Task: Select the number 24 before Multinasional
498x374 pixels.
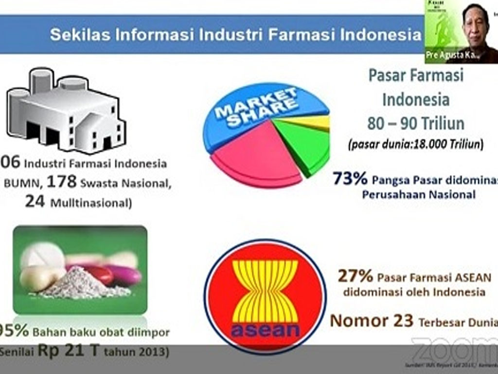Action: tap(35, 202)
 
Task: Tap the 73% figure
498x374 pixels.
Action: tap(350, 179)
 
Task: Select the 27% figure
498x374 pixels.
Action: tap(355, 277)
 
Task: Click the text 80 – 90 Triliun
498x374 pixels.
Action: tap(415, 123)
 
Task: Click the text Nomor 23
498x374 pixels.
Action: tap(372, 320)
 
